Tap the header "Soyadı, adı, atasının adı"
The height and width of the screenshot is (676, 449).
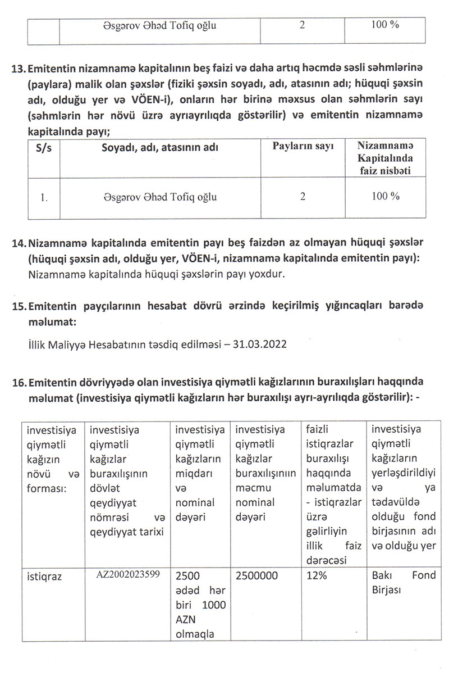tap(160, 147)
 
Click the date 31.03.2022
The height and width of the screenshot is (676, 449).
tap(264, 343)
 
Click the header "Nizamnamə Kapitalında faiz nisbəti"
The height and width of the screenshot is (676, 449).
tap(384, 158)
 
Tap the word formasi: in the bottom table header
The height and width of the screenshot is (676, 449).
tap(46, 488)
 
